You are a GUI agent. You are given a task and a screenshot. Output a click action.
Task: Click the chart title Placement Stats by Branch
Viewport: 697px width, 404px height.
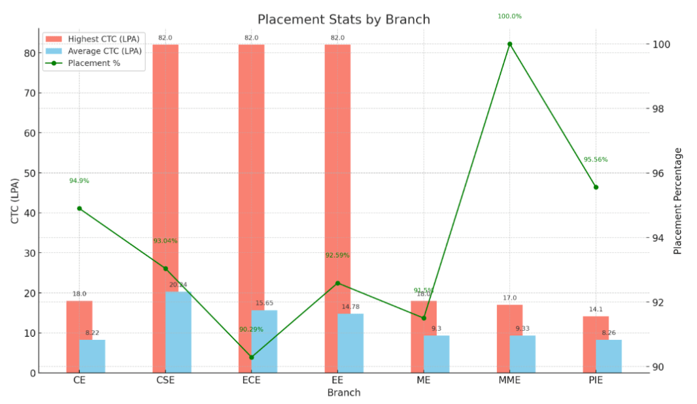click(343, 19)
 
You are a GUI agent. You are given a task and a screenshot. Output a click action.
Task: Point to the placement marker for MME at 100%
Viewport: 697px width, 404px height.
click(510, 44)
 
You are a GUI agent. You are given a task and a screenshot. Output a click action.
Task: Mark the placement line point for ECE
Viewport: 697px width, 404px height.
click(252, 358)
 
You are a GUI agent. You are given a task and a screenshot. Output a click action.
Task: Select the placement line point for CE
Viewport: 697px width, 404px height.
click(79, 209)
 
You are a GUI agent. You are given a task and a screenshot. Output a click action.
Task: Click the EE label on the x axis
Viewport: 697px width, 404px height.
click(337, 380)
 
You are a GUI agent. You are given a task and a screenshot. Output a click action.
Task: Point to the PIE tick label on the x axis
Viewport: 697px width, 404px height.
click(596, 380)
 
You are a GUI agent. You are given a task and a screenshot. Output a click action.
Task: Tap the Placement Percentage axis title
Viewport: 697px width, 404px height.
click(678, 201)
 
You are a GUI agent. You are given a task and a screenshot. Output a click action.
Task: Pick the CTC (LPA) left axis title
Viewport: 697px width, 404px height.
click(15, 201)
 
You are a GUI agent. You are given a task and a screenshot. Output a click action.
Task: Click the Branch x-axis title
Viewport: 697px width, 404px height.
click(343, 393)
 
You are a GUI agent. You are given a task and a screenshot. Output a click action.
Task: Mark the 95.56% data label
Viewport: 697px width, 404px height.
click(596, 160)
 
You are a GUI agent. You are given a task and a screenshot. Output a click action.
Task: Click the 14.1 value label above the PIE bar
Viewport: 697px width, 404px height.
click(596, 310)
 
